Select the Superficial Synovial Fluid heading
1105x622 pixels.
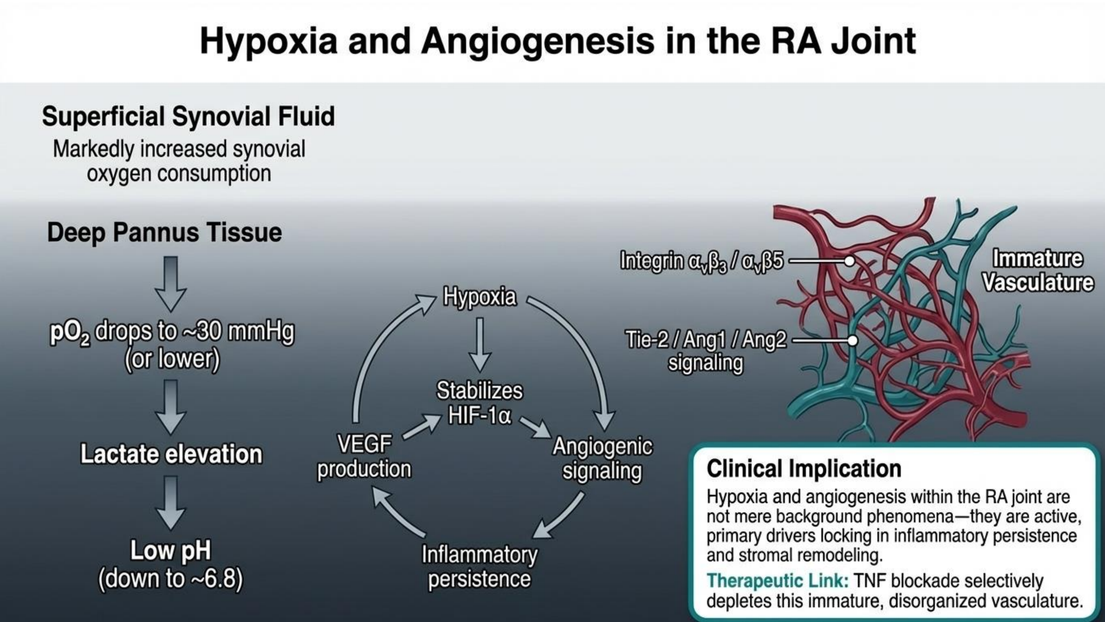pyautogui.click(x=188, y=117)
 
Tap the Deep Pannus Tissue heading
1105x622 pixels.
pyautogui.click(x=164, y=233)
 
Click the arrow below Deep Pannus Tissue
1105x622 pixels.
pyautogui.click(x=171, y=283)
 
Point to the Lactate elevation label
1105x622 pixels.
pyautogui.click(x=171, y=454)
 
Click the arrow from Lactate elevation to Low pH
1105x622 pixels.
pyautogui.click(x=171, y=503)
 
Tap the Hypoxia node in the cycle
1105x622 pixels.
pyautogui.click(x=480, y=296)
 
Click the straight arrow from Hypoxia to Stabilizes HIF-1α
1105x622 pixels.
pyautogui.click(x=480, y=343)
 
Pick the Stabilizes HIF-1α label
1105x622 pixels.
pyautogui.click(x=480, y=403)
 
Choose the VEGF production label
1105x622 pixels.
pyautogui.click(x=364, y=456)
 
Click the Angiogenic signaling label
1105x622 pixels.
pyautogui.click(x=602, y=459)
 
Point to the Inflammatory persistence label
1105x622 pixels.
pyautogui.click(x=480, y=566)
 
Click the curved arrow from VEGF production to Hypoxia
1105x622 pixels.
pyautogui.click(x=378, y=343)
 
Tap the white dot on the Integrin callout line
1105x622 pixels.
pyautogui.click(x=849, y=260)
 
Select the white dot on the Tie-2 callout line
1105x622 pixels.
pyautogui.click(x=853, y=340)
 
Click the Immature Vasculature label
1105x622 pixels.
pyautogui.click(x=1038, y=271)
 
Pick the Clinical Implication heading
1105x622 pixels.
pyautogui.click(x=804, y=468)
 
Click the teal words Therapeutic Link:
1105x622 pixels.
pyautogui.click(x=777, y=581)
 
